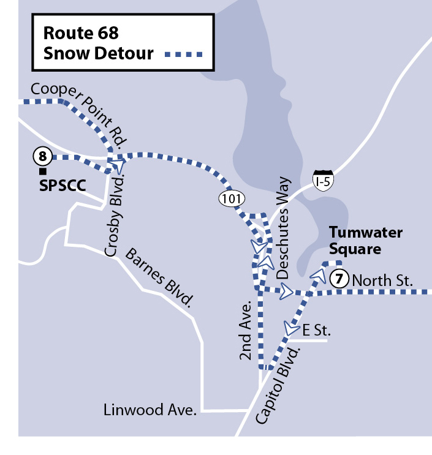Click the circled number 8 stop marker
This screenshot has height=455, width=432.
[x=42, y=157]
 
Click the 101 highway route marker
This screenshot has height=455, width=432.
[x=233, y=198]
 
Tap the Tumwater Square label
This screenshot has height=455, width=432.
[x=365, y=241]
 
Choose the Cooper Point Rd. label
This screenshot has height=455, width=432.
[x=76, y=109]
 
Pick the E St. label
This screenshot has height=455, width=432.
[x=316, y=331]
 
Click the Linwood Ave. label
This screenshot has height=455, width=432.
[x=150, y=410]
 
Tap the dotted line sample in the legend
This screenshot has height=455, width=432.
[x=183, y=55]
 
